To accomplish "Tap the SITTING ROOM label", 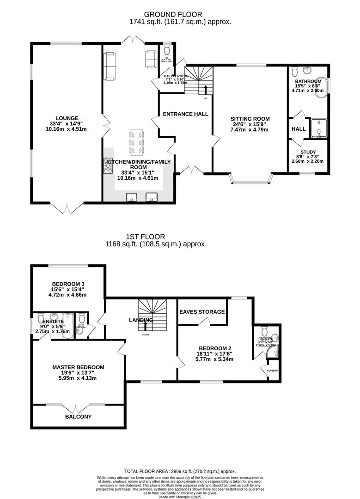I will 250,119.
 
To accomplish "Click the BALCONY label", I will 78,416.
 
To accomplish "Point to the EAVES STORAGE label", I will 202,312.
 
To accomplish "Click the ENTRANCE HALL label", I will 185,114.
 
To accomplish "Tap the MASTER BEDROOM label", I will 78,367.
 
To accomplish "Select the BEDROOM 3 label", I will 68,284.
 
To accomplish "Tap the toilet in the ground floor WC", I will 167,50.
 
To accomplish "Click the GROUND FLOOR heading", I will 180,15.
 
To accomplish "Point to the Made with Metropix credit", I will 180,496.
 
